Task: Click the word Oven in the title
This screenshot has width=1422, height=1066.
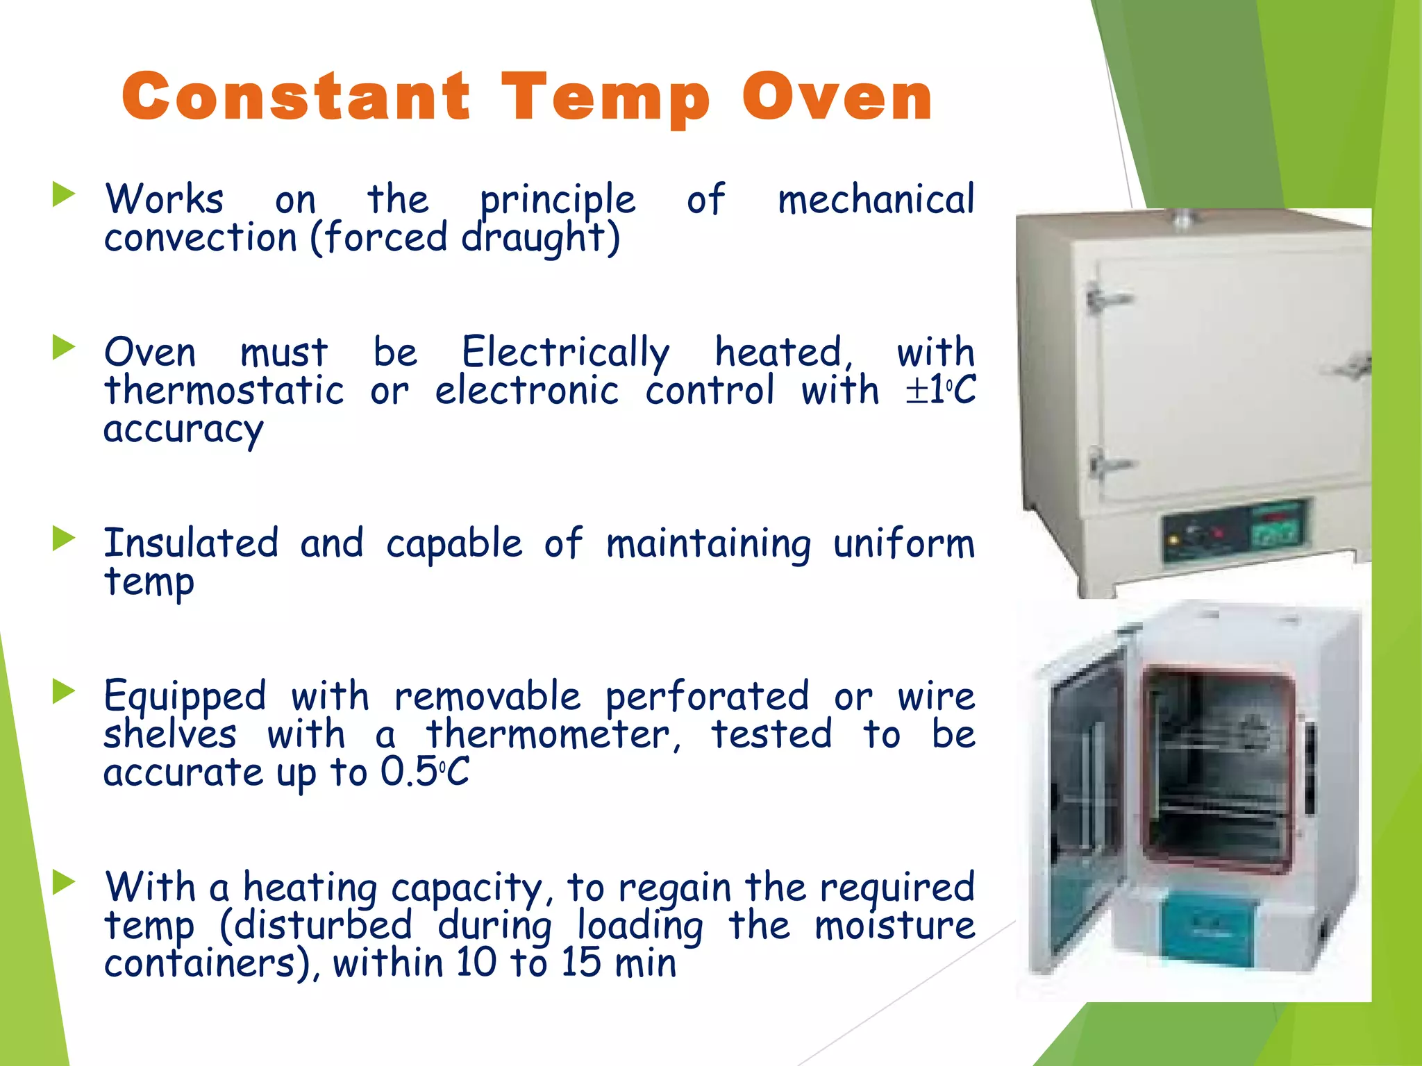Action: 837,97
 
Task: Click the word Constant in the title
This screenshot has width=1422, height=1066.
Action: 296,97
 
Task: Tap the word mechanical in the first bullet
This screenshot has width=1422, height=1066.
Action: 876,200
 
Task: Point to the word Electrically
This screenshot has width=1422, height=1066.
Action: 565,353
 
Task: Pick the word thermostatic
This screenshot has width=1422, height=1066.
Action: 224,391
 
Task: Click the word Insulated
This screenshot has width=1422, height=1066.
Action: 191,543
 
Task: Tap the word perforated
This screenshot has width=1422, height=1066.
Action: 707,697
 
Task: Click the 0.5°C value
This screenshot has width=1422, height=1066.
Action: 424,772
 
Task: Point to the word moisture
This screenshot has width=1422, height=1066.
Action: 894,926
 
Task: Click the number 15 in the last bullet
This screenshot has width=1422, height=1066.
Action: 580,963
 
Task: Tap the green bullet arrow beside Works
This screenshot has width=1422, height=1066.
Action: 63,195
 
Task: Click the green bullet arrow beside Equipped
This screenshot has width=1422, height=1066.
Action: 63,691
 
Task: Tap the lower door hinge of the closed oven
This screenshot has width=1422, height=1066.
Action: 1108,464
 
